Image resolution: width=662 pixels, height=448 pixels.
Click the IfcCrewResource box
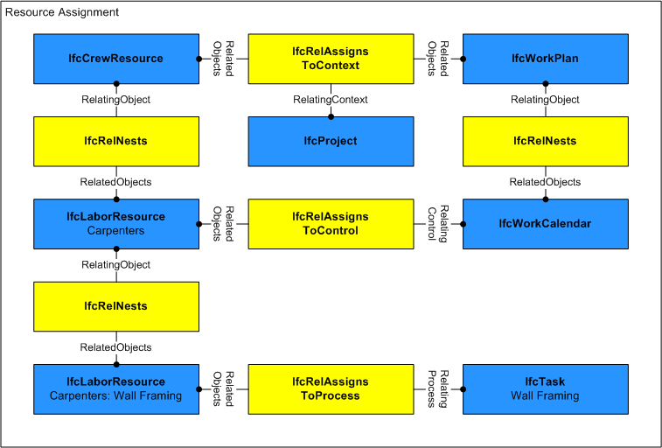(115, 59)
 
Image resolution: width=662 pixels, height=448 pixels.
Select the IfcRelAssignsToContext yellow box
(330, 59)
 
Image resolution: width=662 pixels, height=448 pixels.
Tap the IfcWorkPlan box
(545, 59)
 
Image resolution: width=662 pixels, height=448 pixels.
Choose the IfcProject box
(330, 141)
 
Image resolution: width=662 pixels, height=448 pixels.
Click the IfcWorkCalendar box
(545, 224)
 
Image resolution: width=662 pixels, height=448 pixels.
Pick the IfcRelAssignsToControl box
(330, 224)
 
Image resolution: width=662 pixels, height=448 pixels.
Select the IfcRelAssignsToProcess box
(330, 389)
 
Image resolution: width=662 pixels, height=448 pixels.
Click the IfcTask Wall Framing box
(545, 389)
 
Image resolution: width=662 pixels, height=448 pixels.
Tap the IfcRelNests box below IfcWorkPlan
(545, 141)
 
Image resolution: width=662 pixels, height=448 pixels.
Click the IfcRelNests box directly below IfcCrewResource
(115, 141)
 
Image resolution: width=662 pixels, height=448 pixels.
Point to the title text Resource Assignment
(62, 13)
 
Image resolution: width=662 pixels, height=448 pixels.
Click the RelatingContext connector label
(330, 100)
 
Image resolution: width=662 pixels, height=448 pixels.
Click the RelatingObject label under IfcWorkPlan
(545, 100)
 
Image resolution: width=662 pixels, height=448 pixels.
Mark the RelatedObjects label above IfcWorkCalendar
(545, 182)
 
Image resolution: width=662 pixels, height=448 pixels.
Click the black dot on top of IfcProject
(331, 116)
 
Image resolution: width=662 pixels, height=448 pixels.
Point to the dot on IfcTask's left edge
(463, 389)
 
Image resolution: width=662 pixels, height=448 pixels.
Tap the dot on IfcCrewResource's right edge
(198, 59)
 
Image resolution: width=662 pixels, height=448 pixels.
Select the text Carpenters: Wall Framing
(115, 396)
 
